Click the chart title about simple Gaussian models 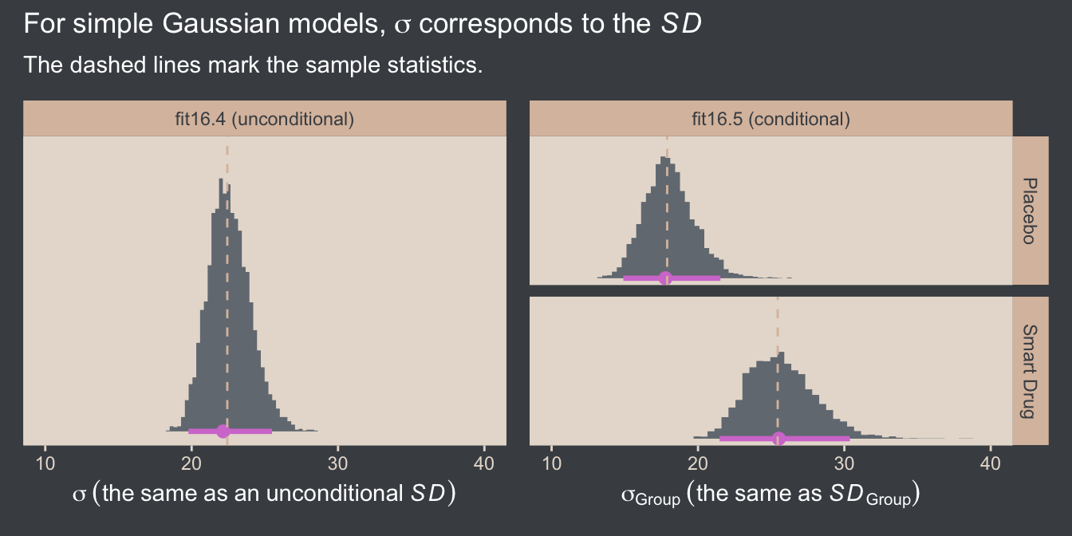(x=363, y=25)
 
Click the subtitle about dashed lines (x=254, y=64)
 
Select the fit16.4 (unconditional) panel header (x=264, y=120)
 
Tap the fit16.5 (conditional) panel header (x=770, y=120)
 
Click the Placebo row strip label (x=1030, y=211)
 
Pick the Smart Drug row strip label (x=1030, y=371)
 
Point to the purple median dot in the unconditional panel (x=223, y=432)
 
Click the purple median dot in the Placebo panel (x=665, y=278)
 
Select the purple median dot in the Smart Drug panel (x=779, y=438)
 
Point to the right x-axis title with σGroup (x=770, y=495)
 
